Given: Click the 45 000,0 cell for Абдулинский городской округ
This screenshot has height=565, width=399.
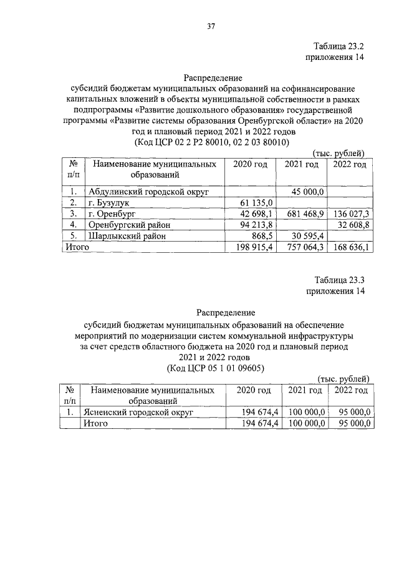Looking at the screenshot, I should click(305, 192).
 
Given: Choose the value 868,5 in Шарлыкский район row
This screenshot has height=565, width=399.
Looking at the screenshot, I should click(260, 236).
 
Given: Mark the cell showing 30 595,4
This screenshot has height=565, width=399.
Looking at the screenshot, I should click(307, 236).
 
